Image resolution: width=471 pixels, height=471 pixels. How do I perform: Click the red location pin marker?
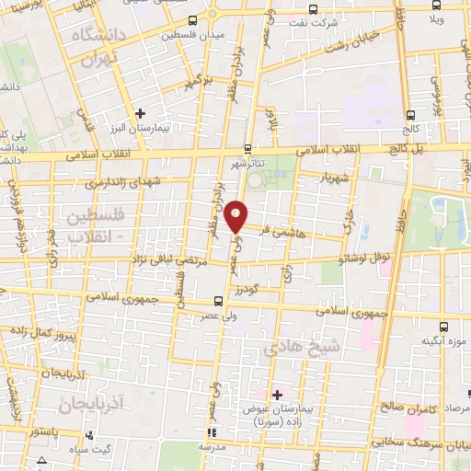(236, 215)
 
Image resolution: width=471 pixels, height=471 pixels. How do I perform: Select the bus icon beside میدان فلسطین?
(191, 20)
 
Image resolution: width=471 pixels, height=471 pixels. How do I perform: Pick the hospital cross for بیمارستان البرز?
(140, 113)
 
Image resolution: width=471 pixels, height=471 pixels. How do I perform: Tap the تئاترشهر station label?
(247, 163)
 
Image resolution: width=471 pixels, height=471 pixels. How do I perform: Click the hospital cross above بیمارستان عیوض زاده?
(277, 394)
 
